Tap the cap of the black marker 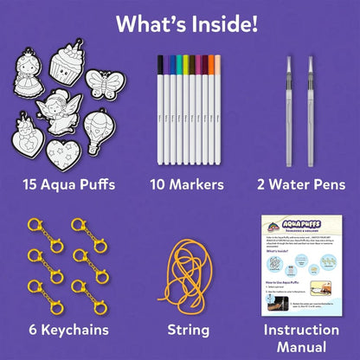160,65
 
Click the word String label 188,330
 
